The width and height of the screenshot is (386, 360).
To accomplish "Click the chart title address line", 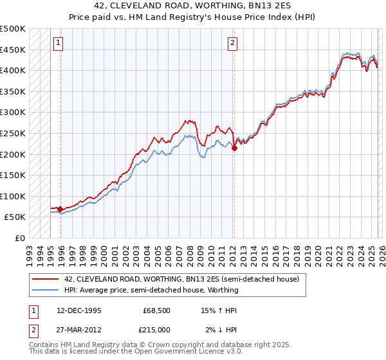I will click(x=192, y=7).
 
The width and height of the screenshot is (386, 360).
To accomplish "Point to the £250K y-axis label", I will click(x=13, y=133).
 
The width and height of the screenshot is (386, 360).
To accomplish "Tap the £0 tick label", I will click(x=20, y=238).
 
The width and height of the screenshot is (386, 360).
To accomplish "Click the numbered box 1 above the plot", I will click(x=58, y=43).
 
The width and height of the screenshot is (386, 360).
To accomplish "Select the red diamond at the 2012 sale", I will click(x=234, y=148).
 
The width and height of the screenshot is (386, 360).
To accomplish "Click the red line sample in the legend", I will click(x=46, y=280).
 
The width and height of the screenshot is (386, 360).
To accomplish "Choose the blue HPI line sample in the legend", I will click(x=46, y=290).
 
